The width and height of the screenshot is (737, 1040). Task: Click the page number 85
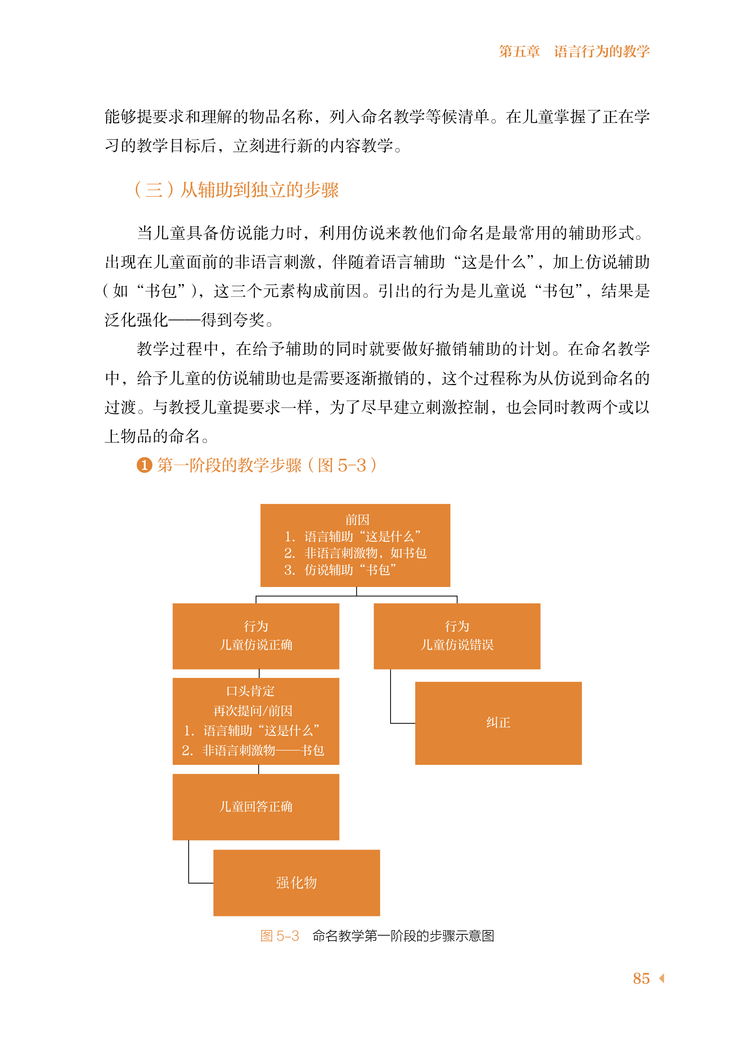641,978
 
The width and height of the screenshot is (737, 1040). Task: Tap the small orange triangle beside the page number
662,978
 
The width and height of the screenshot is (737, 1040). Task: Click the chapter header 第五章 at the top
519,52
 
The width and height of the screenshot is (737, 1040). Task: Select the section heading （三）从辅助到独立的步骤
236,190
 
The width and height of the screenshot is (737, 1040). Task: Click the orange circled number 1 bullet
144,466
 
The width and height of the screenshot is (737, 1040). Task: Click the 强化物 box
296,883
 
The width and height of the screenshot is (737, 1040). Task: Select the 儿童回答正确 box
255,807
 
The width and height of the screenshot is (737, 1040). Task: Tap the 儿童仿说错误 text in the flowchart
457,645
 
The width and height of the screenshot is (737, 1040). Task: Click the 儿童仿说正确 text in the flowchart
255,645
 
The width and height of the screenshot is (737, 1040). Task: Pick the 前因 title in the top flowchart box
357,520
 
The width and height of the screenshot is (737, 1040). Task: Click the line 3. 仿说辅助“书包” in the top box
340,570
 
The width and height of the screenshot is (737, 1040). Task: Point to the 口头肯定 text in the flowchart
250,691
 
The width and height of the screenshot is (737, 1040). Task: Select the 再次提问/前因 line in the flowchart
253,711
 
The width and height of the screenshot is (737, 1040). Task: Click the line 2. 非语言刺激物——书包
253,750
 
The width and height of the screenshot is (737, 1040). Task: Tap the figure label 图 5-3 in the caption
280,936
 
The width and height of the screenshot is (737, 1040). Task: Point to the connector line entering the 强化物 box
201,883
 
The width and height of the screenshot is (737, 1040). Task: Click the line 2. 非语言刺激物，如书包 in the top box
355,553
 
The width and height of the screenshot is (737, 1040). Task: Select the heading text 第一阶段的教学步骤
229,466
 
